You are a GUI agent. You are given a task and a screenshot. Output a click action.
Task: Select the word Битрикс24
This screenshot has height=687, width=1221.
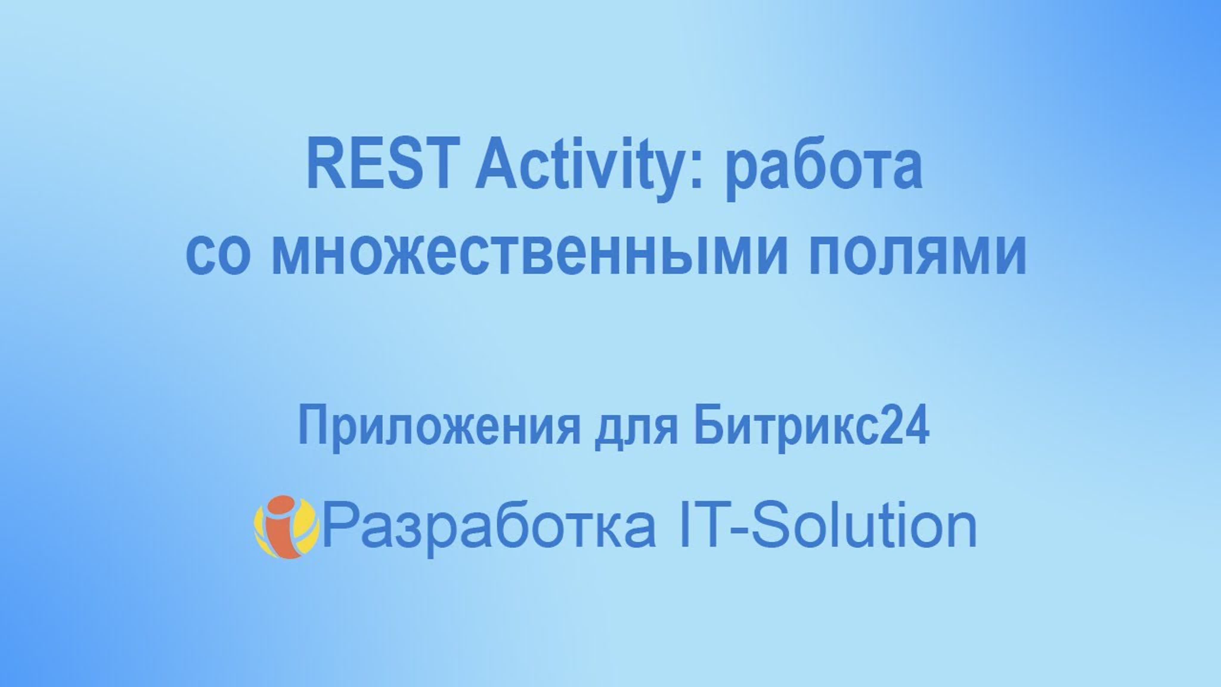811,427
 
